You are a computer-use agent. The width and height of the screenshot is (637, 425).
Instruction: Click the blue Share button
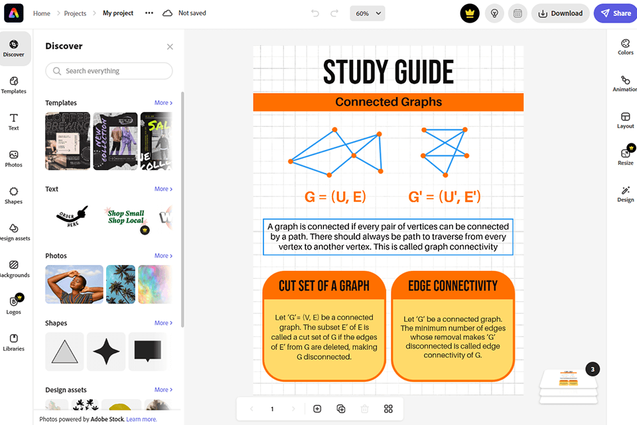614,13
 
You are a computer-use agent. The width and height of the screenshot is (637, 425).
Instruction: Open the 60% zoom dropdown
368,13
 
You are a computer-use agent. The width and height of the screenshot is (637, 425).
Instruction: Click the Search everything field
109,71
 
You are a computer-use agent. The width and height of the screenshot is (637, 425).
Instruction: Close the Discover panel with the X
170,46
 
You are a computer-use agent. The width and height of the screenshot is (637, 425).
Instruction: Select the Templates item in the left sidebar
14,84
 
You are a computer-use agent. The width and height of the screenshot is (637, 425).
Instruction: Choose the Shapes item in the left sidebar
14,195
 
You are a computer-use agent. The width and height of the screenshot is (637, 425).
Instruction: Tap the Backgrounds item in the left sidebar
14,268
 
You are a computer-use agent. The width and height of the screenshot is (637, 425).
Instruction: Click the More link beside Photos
163,256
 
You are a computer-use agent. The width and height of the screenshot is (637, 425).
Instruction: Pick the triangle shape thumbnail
64,351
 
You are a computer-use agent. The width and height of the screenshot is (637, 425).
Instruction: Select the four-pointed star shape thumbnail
106,351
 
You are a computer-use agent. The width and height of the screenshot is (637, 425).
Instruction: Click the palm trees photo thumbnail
121,284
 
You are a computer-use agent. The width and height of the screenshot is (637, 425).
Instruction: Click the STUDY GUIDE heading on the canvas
388,72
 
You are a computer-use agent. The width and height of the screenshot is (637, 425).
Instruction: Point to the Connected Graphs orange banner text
388,102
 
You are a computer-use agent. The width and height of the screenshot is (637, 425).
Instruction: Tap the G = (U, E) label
335,197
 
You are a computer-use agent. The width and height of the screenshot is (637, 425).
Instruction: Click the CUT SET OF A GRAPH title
324,286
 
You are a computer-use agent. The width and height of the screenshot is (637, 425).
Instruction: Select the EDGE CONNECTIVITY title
453,286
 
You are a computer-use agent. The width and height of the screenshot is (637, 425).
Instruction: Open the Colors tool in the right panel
625,46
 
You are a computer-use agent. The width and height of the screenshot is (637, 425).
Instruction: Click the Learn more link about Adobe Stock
142,419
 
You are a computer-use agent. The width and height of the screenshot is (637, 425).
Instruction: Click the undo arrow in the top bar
315,13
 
